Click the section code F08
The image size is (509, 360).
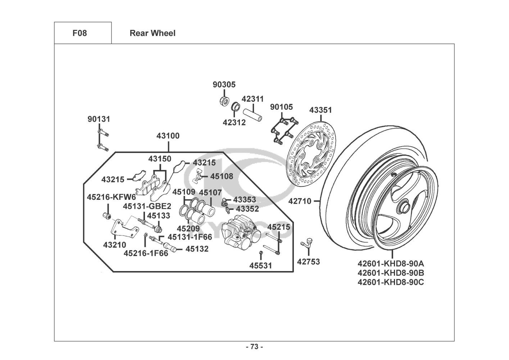tap(79, 33)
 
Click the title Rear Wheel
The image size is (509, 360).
tap(153, 33)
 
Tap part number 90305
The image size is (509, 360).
tap(224, 85)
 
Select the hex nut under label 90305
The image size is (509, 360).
tap(223, 100)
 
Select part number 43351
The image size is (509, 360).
tap(321, 110)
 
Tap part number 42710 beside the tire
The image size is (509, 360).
tap(300, 201)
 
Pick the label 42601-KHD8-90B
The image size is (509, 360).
tap(391, 273)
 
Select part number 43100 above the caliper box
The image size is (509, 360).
tap(168, 136)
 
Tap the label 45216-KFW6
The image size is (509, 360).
tap(112, 197)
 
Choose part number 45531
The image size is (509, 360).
tap(261, 266)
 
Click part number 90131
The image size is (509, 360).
tap(99, 119)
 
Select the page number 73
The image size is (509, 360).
tap(254, 347)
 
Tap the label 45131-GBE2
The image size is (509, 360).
tap(147, 206)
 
